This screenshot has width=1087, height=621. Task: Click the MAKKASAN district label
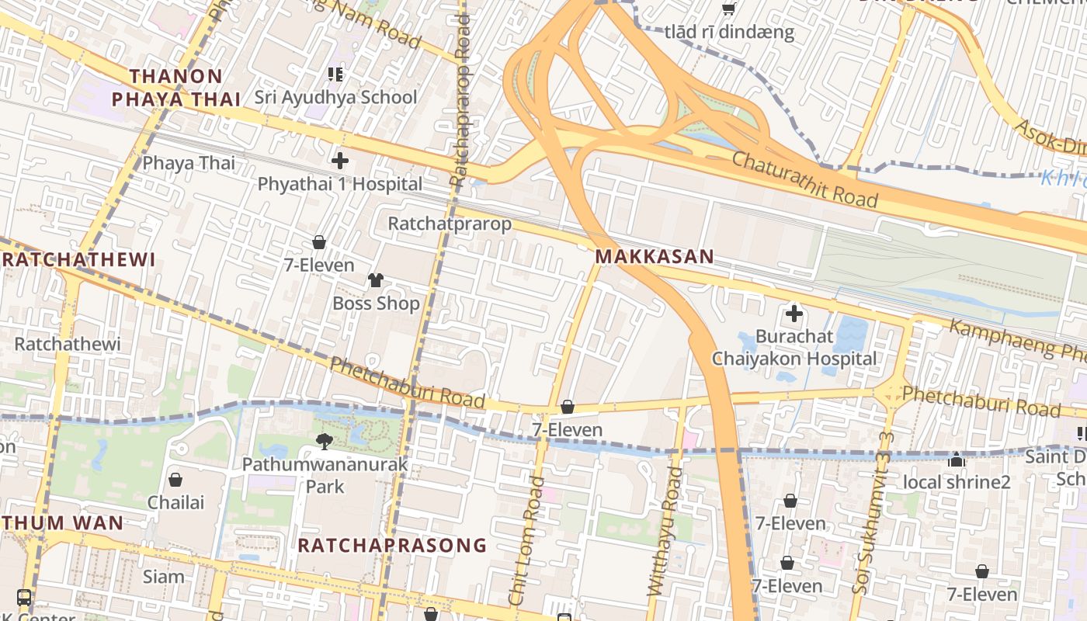654,257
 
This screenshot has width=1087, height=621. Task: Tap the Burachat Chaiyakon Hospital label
794,348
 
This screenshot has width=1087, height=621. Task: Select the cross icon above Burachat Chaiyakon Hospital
794,314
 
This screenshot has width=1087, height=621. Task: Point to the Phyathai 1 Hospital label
340,184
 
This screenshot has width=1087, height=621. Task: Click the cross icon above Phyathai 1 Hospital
340,161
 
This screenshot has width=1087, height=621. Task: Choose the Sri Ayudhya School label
336,98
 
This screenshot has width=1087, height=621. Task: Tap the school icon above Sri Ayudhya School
335,75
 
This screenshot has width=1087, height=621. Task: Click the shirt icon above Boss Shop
376,280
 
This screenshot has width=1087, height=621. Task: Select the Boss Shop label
376,303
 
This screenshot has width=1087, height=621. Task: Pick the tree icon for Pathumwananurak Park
324,442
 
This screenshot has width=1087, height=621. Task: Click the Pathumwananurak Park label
325,476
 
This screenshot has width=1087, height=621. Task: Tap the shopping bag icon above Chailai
175,480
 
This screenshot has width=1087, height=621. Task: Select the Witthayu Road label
665,532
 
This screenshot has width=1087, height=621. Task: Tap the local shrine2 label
957,482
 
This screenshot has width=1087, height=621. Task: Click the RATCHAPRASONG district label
392,545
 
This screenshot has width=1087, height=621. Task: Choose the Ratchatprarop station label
450,224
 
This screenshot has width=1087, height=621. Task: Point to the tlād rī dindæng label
729,32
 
